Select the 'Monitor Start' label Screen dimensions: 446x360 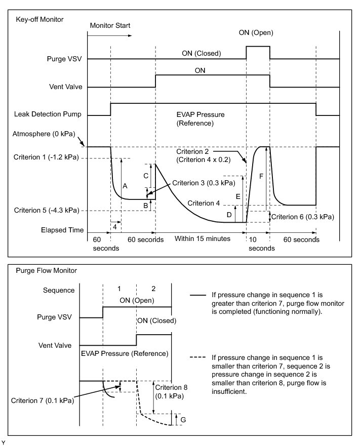pyautogui.click(x=109, y=25)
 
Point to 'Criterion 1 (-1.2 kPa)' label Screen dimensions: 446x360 pyautogui.click(x=47, y=157)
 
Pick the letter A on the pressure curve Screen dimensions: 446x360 pyautogui.click(x=125, y=186)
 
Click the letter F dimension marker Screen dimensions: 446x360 pyautogui.click(x=261, y=176)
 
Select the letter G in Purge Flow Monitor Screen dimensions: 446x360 pyautogui.click(x=183, y=420)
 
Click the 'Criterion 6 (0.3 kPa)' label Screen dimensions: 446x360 pyautogui.click(x=303, y=216)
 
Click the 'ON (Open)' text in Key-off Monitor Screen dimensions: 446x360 pyautogui.click(x=256, y=33)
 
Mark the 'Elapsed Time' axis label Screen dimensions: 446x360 pyautogui.click(x=62, y=230)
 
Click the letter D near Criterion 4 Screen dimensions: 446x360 pyautogui.click(x=229, y=214)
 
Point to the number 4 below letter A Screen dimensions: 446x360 pyautogui.click(x=115, y=227)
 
